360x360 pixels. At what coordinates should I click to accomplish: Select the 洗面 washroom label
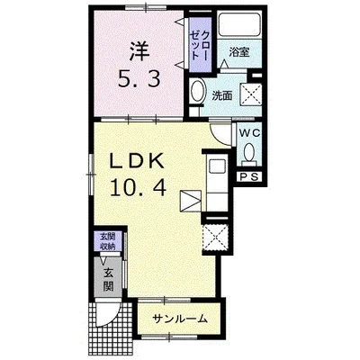[221, 94]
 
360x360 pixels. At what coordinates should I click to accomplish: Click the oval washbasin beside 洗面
[197, 93]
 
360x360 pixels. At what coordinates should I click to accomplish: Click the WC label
[248, 133]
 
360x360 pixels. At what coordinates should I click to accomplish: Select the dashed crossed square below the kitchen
[217, 238]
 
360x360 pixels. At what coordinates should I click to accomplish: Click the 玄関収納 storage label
[107, 241]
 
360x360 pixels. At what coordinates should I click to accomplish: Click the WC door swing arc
[221, 136]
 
